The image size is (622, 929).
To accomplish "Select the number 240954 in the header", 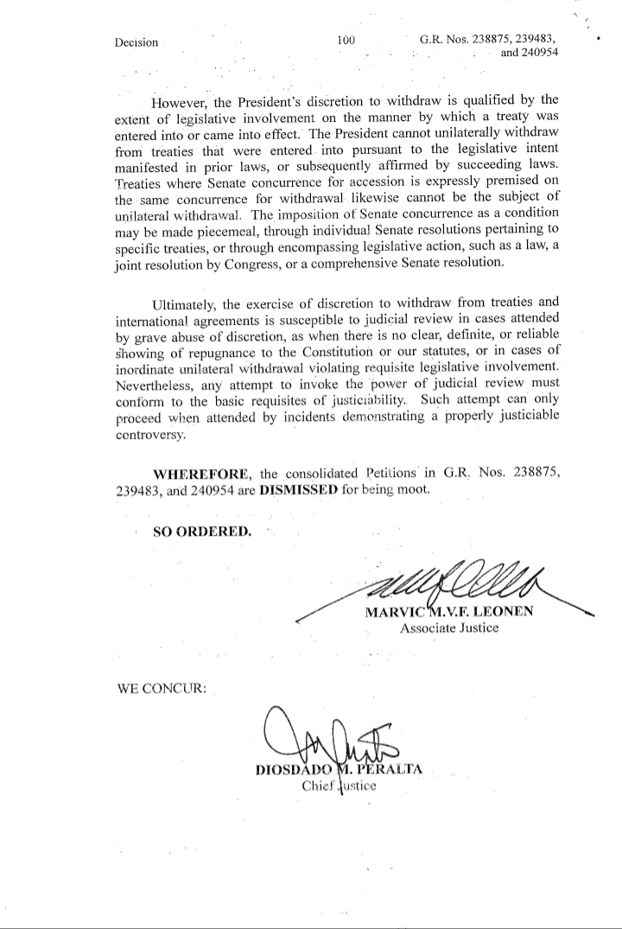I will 536,52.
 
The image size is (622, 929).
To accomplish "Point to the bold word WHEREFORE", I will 203,474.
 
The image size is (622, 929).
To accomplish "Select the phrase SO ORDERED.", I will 203,531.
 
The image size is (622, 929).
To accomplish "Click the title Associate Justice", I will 449,628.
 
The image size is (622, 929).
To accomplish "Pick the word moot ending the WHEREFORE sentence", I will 412,489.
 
